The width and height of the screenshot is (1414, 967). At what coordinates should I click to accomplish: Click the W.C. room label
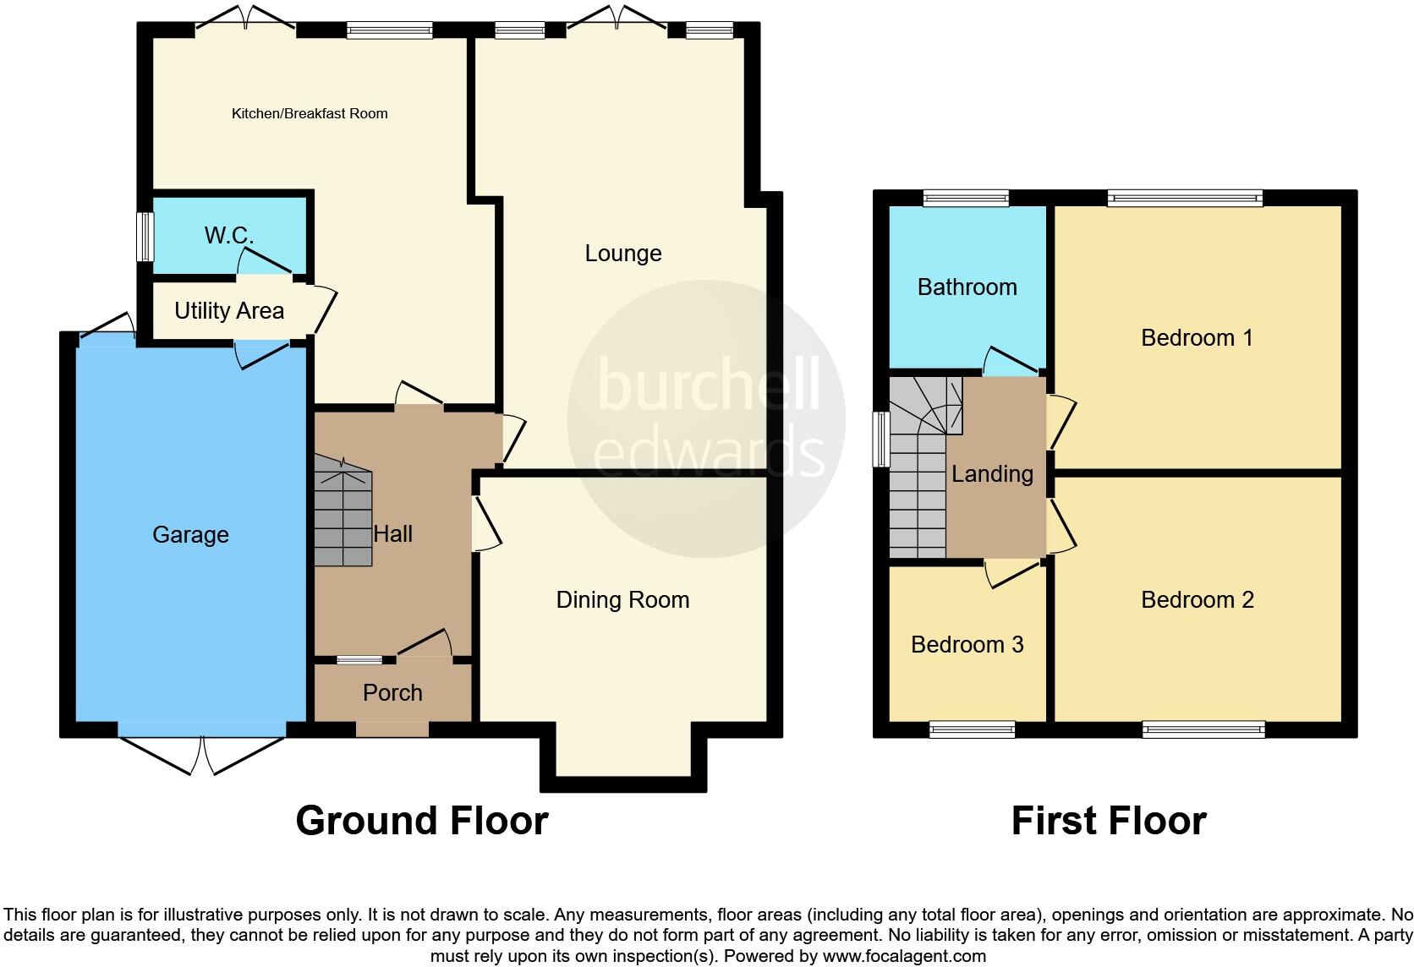tap(228, 235)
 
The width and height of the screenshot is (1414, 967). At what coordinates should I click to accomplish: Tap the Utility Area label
tap(228, 311)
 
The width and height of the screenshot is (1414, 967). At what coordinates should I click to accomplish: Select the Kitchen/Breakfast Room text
tap(310, 113)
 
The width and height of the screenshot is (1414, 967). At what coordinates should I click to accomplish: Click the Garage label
tap(190, 534)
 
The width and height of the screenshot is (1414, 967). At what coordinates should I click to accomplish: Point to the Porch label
tap(392, 692)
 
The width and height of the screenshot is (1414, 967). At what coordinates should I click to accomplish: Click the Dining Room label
tap(622, 599)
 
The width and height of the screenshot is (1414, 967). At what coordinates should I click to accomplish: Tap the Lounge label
tap(623, 253)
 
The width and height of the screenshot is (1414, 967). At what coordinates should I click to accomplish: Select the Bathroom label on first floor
tap(967, 287)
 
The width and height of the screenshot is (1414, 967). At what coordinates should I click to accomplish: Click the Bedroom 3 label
tap(967, 644)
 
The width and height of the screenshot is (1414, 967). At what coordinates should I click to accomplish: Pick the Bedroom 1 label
tap(1197, 337)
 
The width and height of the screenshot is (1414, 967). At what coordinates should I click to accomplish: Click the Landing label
tap(992, 473)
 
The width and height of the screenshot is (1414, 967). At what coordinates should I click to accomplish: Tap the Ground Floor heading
tap(422, 820)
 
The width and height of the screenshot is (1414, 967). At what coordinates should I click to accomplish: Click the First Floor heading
tap(1108, 820)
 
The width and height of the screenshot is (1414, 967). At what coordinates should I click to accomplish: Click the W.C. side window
tap(146, 236)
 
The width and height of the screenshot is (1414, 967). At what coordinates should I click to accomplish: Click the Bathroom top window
tap(966, 199)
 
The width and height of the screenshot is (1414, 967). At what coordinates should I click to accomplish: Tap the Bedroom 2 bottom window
tap(1203, 729)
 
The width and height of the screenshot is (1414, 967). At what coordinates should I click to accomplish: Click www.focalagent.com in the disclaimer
tap(904, 956)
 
